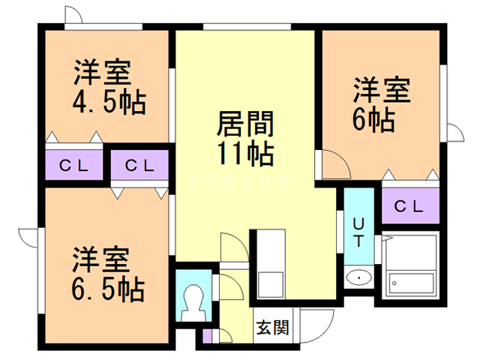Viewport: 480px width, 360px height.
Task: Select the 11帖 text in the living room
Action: pos(245,153)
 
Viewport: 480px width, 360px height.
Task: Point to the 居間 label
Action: pos(245,122)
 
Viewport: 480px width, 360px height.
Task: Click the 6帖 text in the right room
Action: pos(373,120)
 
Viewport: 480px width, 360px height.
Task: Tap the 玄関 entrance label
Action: pos(271,327)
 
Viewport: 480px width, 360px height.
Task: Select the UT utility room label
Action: pos(358,233)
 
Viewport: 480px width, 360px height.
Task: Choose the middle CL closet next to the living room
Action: pos(139,165)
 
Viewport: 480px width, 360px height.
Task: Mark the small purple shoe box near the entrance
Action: pos(207,335)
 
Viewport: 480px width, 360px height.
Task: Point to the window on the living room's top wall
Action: pos(247,28)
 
